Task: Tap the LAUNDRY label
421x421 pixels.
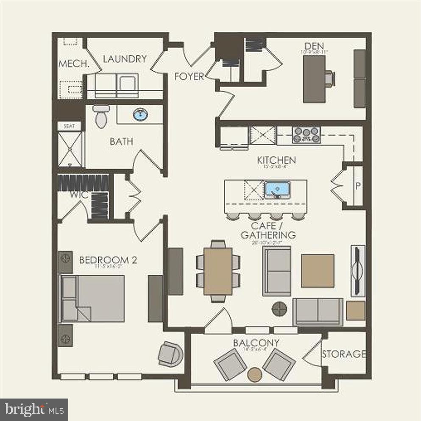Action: click(125, 59)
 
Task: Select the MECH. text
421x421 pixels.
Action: click(73, 64)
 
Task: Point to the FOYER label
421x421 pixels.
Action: click(189, 77)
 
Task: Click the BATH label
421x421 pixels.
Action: click(121, 142)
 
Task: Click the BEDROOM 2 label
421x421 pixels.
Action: click(108, 260)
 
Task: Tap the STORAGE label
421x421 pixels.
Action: click(343, 354)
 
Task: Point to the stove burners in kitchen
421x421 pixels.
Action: click(306, 135)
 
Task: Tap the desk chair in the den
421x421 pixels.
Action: click(330, 78)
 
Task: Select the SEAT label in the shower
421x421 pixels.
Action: click(69, 126)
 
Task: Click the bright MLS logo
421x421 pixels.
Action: click(34, 410)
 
